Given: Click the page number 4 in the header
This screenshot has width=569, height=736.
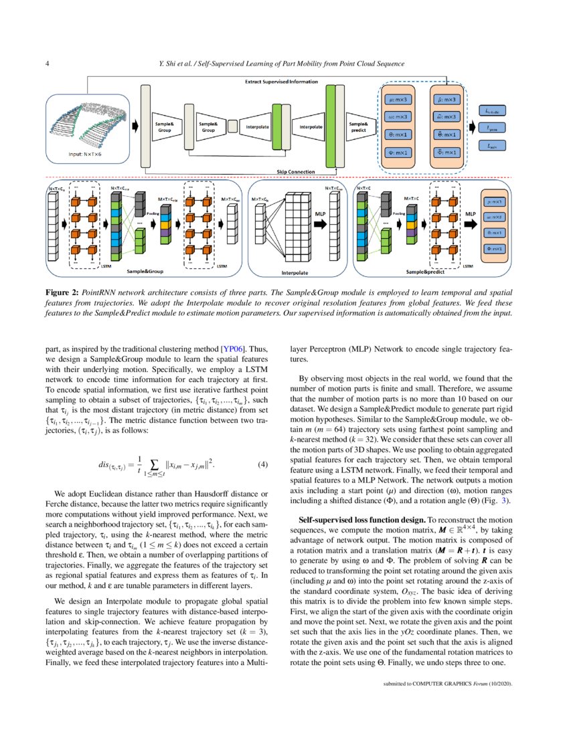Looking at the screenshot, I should (x=46, y=64).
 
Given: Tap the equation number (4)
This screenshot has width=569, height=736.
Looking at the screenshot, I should (x=262, y=464).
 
